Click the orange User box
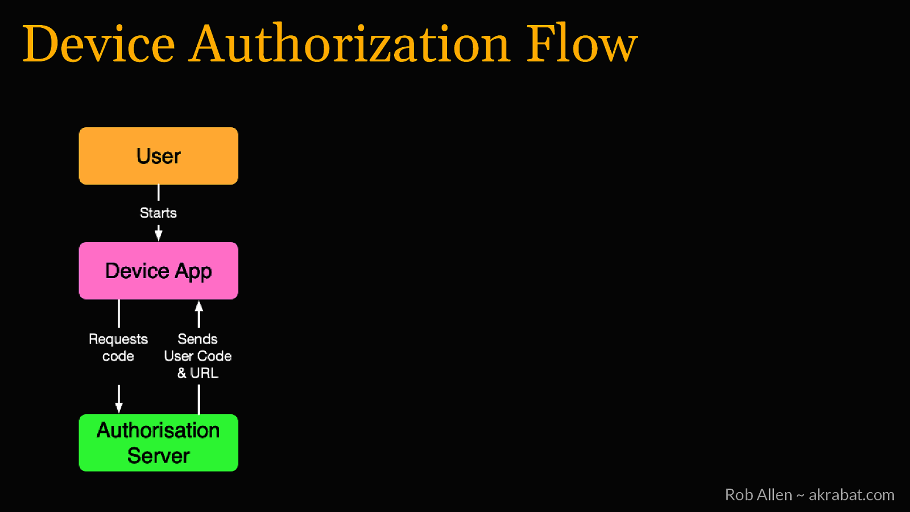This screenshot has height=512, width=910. pyautogui.click(x=158, y=156)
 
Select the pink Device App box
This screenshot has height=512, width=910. pyautogui.click(x=158, y=271)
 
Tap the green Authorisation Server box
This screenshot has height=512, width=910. pyautogui.click(x=158, y=443)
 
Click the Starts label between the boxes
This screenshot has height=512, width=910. pyautogui.click(x=158, y=213)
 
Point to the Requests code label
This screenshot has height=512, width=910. pyautogui.click(x=118, y=348)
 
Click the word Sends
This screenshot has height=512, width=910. pyautogui.click(x=197, y=339)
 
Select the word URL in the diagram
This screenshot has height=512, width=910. pyautogui.click(x=204, y=373)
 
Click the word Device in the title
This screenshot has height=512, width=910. pyautogui.click(x=98, y=44)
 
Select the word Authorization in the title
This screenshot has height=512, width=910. pyautogui.click(x=349, y=44)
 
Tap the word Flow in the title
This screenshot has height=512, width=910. pyautogui.click(x=581, y=44)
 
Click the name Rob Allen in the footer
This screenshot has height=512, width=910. pyautogui.click(x=758, y=495)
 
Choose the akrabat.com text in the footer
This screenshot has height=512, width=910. pyautogui.click(x=851, y=495)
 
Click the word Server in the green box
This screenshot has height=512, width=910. pyautogui.click(x=158, y=456)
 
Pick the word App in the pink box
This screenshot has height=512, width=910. pyautogui.click(x=193, y=272)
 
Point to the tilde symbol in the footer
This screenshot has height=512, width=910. pyautogui.click(x=800, y=496)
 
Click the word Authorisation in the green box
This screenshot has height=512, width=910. pyautogui.click(x=158, y=431)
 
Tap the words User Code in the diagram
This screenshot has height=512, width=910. pyautogui.click(x=197, y=356)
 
